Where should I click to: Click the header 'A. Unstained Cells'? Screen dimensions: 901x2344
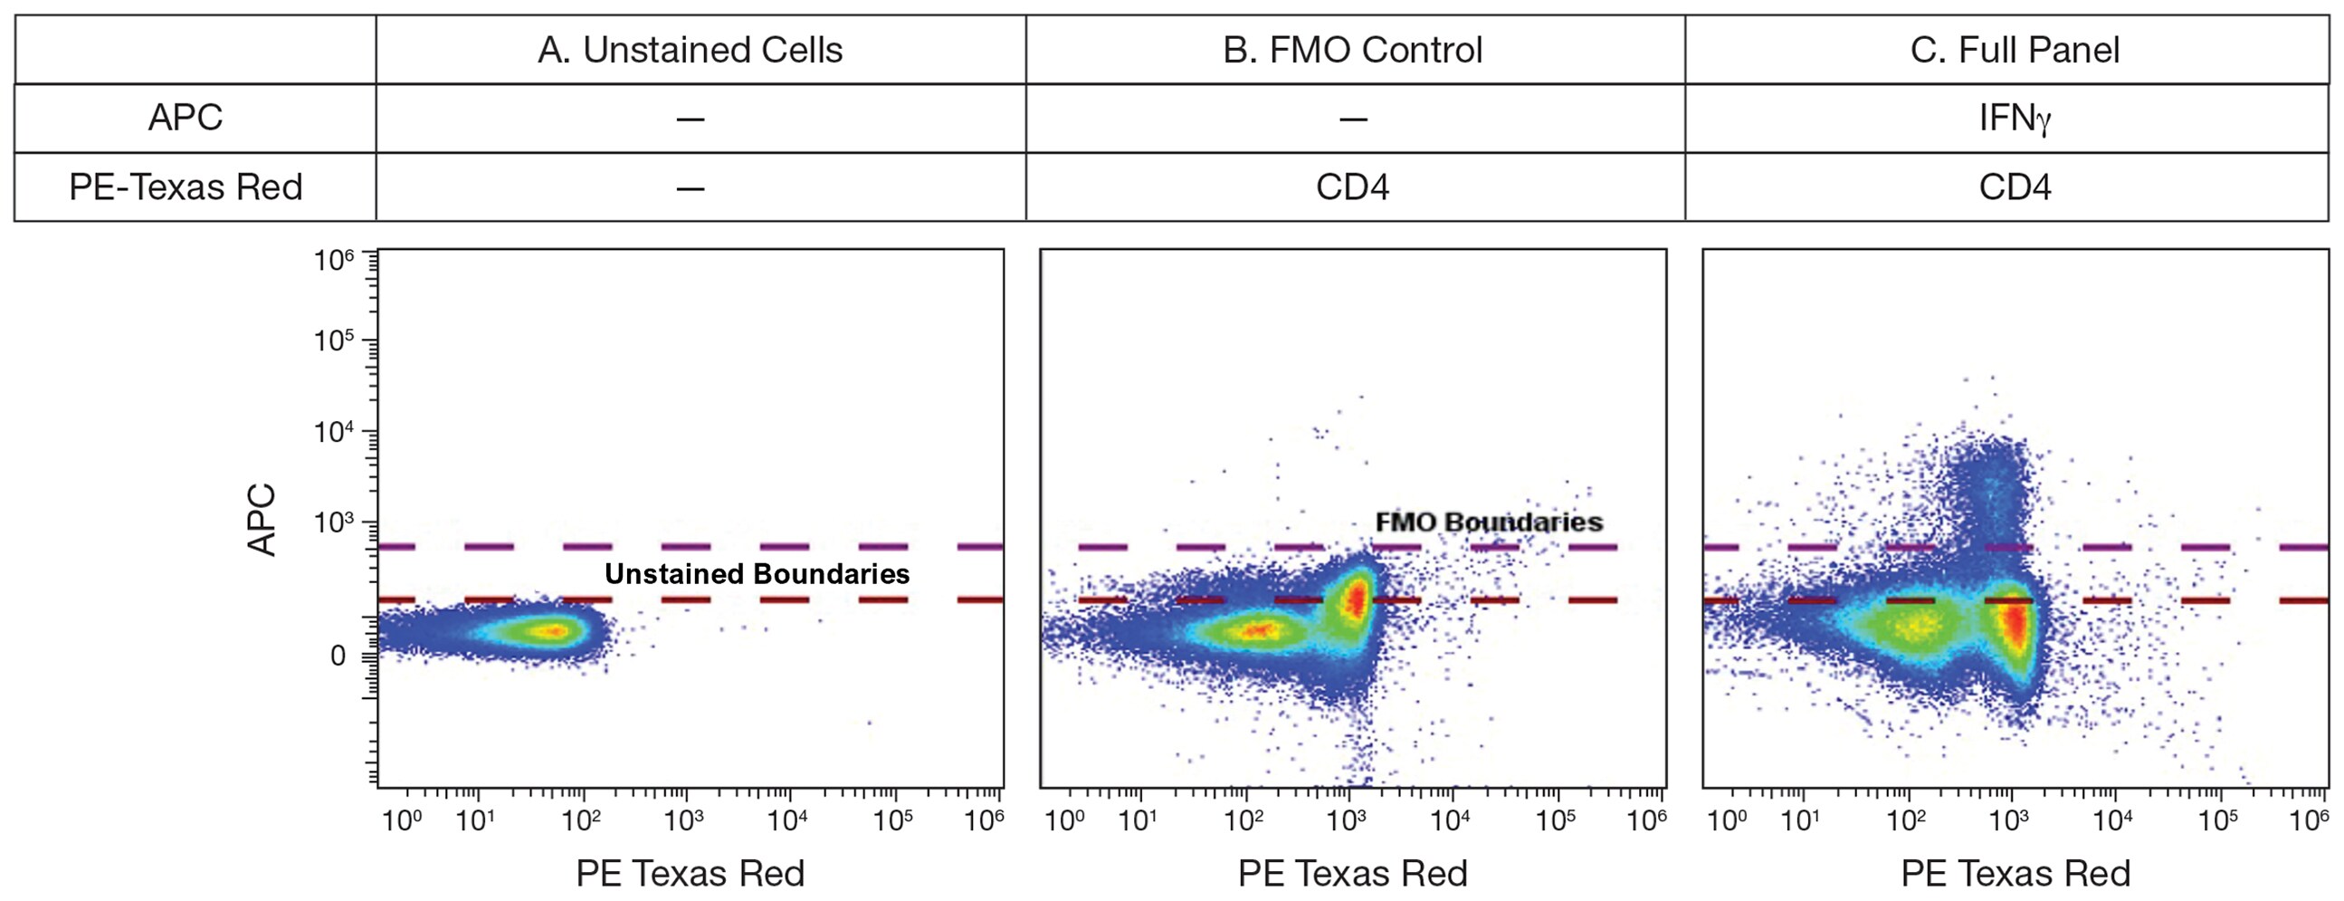[x=690, y=50]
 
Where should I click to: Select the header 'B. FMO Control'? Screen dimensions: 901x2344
[x=1352, y=50]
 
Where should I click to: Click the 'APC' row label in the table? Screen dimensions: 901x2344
[x=186, y=119]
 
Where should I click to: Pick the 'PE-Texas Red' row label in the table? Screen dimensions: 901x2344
[x=186, y=187]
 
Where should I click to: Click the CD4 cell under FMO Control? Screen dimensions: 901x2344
[x=1352, y=187]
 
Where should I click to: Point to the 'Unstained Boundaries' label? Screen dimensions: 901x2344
[x=757, y=574]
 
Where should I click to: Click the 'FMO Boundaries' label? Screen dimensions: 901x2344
[x=1489, y=522]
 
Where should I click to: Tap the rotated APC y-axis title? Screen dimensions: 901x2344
[x=262, y=520]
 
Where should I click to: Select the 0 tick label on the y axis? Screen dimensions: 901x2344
[x=338, y=657]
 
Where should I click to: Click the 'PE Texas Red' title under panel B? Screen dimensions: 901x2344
[x=1352, y=874]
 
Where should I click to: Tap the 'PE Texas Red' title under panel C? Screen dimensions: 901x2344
[x=2015, y=874]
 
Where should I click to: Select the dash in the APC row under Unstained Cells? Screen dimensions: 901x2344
[x=690, y=120]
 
